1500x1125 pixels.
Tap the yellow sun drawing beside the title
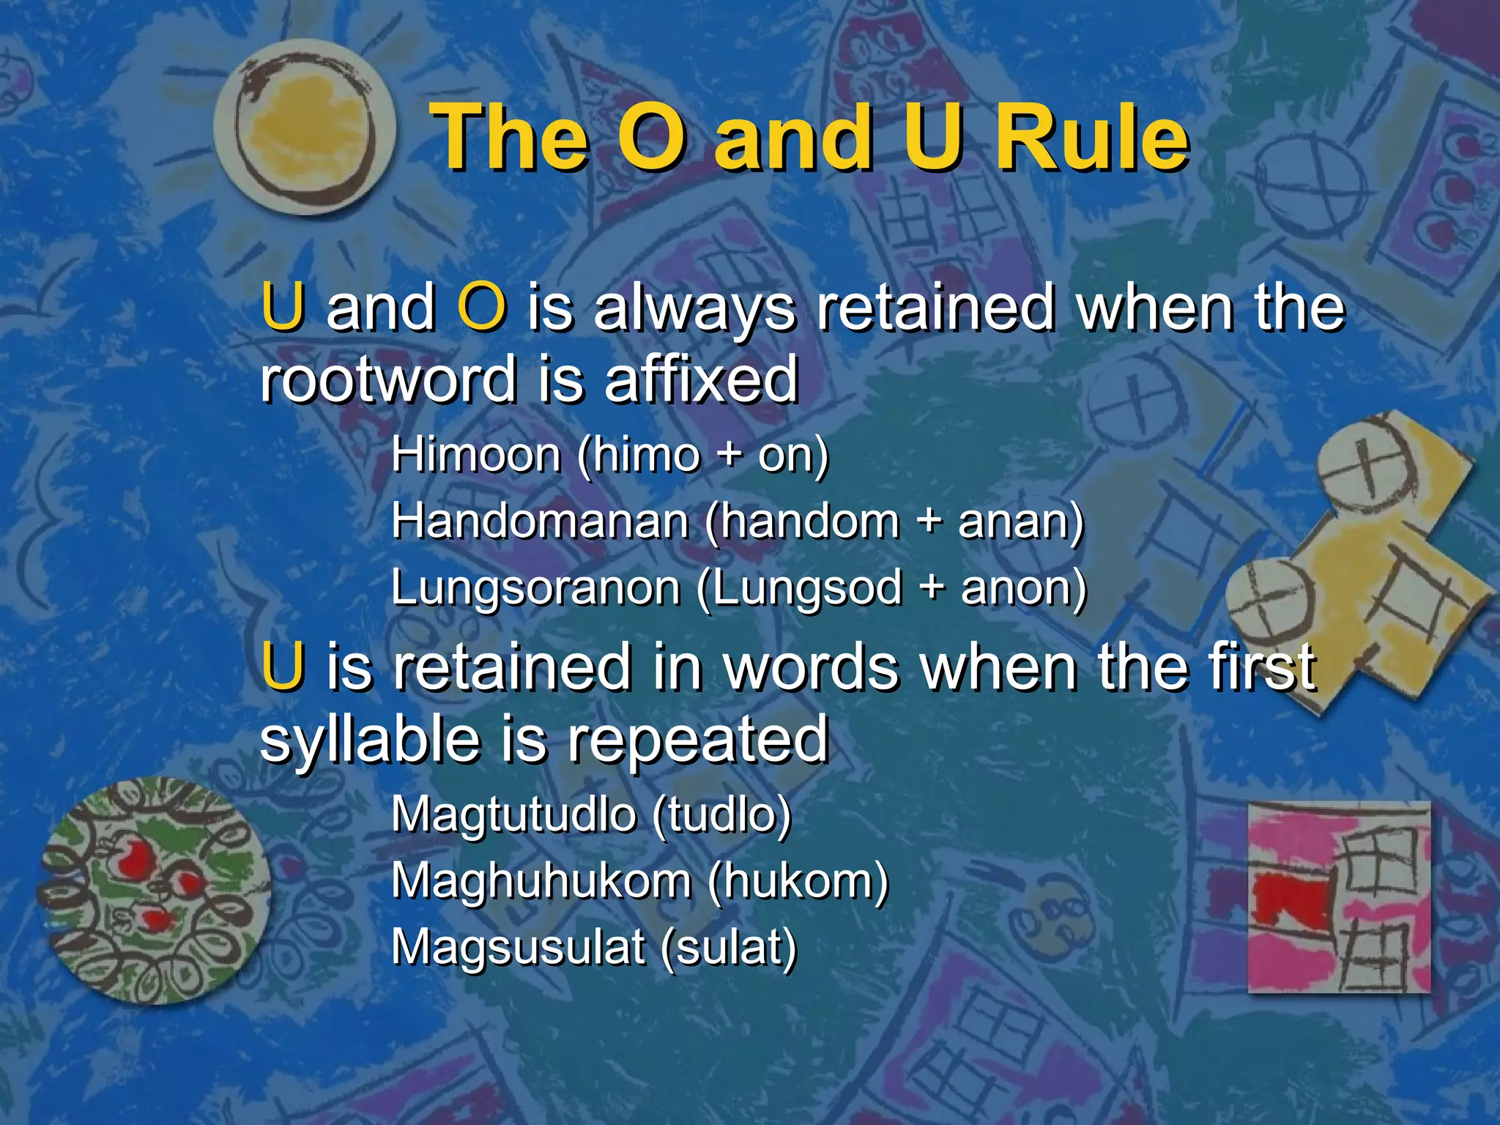(305, 129)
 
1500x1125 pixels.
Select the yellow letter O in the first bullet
(481, 308)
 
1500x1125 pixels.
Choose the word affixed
(701, 379)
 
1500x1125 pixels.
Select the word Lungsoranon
(535, 587)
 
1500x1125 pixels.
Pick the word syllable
(370, 741)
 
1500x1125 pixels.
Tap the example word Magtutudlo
(513, 814)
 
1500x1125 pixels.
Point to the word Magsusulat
(518, 946)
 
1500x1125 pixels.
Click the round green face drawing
(155, 889)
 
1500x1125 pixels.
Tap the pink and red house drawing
(1338, 896)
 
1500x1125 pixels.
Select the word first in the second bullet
(1260, 668)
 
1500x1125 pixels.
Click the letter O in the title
(652, 138)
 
